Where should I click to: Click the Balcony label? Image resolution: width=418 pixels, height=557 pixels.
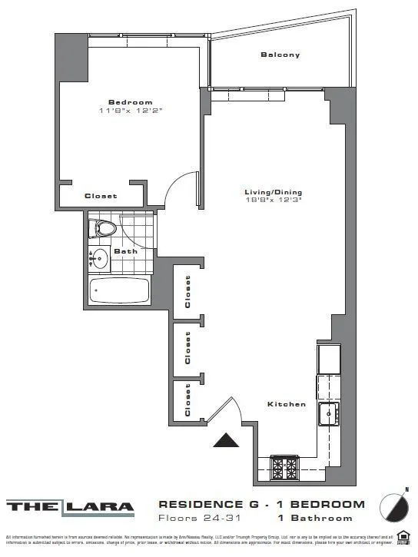tap(280, 55)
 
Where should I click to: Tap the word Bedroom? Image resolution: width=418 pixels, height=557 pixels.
tap(130, 102)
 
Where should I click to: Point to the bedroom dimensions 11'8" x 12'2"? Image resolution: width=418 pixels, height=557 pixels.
tap(130, 111)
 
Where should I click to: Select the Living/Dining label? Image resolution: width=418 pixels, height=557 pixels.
tap(273, 192)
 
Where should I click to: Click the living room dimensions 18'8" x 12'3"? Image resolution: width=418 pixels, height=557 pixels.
tap(273, 201)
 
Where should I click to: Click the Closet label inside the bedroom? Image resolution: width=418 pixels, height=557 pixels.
tap(101, 196)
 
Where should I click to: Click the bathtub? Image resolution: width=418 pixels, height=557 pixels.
tap(119, 290)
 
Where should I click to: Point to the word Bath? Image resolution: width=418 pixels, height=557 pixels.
tap(125, 251)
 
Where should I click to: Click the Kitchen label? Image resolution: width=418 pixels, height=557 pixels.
tap(287, 404)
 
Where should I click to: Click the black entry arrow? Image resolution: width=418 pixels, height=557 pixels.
tap(227, 440)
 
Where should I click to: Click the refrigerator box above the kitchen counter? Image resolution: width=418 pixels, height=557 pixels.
tap(329, 357)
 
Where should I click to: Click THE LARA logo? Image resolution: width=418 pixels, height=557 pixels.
tap(71, 507)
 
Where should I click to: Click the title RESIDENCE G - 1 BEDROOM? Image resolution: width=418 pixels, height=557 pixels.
tap(261, 505)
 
